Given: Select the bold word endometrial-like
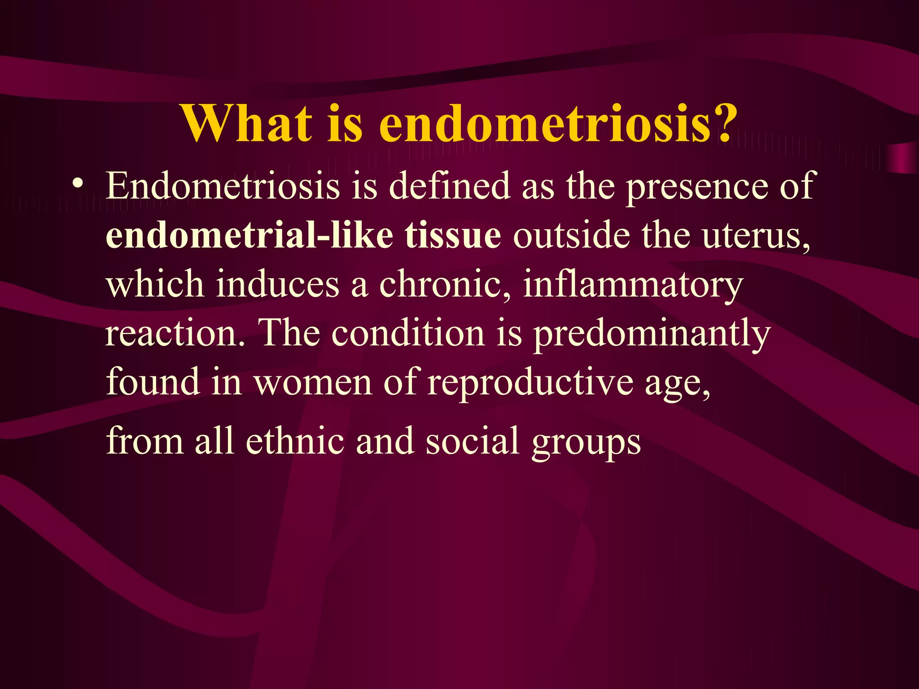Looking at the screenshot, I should (x=249, y=235).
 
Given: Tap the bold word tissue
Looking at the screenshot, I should (x=453, y=235).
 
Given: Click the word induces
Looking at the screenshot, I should (x=277, y=284).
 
